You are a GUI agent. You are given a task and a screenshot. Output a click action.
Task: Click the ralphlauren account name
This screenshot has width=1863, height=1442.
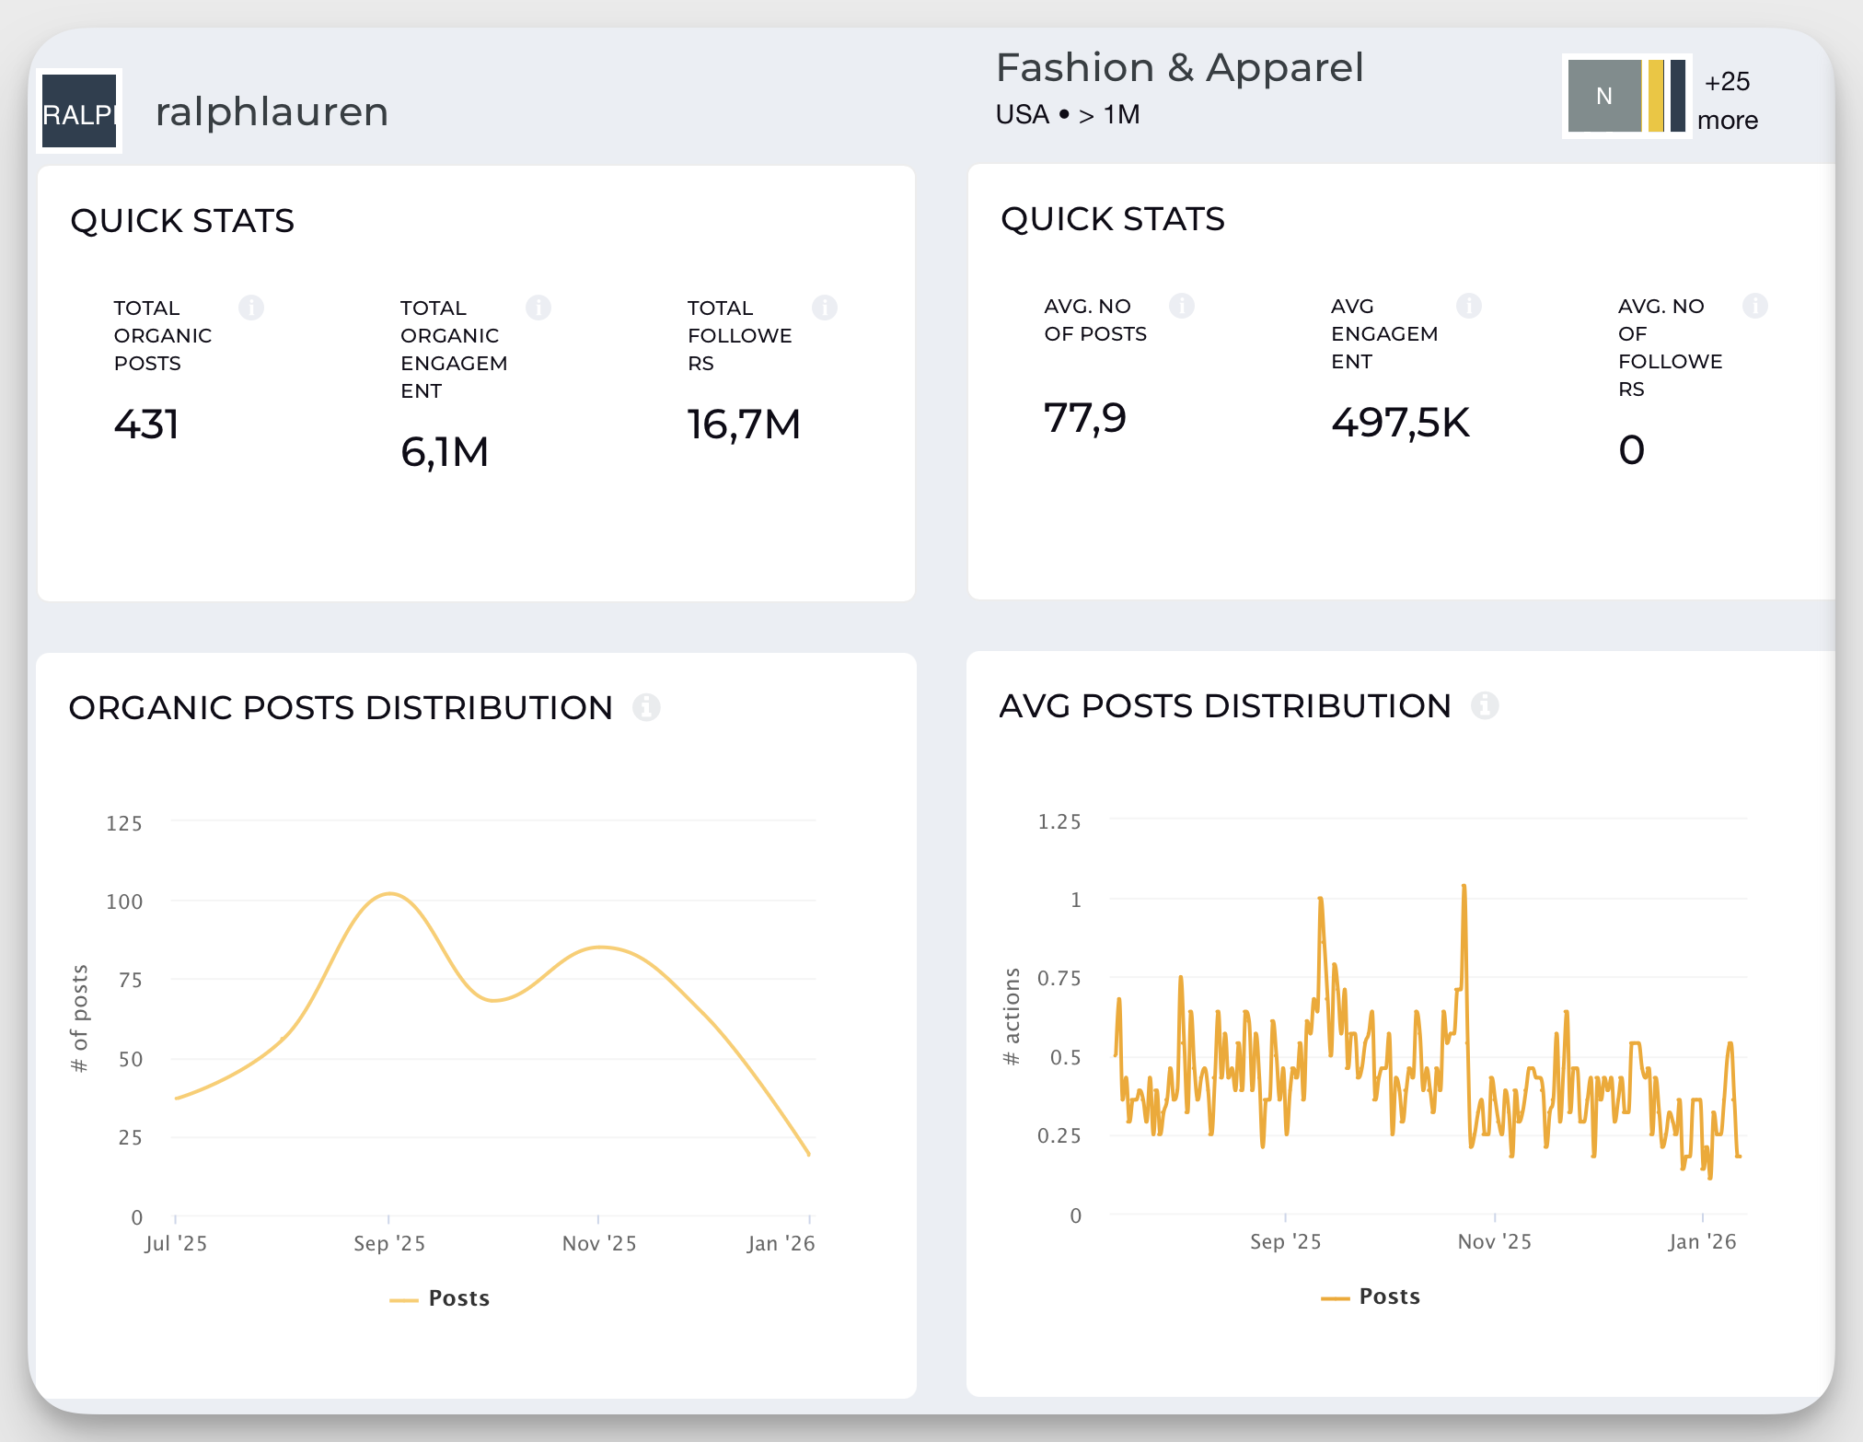(x=272, y=112)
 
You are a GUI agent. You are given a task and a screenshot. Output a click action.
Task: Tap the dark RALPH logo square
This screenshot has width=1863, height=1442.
(x=79, y=111)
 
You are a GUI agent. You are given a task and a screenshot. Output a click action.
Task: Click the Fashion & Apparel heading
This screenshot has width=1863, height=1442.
(x=1179, y=68)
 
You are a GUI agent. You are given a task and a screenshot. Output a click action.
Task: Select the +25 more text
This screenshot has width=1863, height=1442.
(x=1727, y=100)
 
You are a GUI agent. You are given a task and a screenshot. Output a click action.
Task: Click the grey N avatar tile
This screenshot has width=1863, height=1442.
(x=1603, y=96)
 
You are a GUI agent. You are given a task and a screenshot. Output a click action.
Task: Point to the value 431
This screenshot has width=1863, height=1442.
(x=146, y=424)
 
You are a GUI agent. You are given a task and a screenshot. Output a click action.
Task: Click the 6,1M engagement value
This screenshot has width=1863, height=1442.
(x=444, y=452)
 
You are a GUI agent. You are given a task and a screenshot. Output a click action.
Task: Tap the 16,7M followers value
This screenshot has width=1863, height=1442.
(x=744, y=424)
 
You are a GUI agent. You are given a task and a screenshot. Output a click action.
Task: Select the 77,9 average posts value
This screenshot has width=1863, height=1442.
(x=1084, y=418)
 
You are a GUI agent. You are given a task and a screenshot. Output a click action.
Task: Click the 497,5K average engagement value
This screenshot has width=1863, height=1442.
(x=1400, y=423)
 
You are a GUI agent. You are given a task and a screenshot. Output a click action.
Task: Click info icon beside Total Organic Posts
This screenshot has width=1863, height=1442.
(x=251, y=308)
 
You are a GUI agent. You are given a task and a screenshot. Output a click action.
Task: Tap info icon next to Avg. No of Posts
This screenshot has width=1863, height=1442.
(x=1182, y=306)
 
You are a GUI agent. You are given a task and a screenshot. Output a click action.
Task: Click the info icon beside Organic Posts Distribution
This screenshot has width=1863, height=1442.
(x=646, y=707)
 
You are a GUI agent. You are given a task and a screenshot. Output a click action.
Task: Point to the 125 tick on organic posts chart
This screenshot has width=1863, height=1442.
(x=124, y=823)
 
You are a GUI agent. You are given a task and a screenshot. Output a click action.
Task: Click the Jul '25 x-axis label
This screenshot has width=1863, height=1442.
(x=176, y=1243)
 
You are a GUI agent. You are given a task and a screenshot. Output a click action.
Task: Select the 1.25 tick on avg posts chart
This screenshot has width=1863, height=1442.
(x=1059, y=821)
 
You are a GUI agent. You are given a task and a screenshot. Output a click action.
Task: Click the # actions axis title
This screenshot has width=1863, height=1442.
(x=1012, y=1017)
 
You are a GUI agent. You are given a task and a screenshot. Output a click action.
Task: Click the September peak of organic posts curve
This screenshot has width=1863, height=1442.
(x=390, y=893)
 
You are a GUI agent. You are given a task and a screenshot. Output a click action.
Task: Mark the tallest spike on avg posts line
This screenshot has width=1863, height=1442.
(x=1464, y=887)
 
